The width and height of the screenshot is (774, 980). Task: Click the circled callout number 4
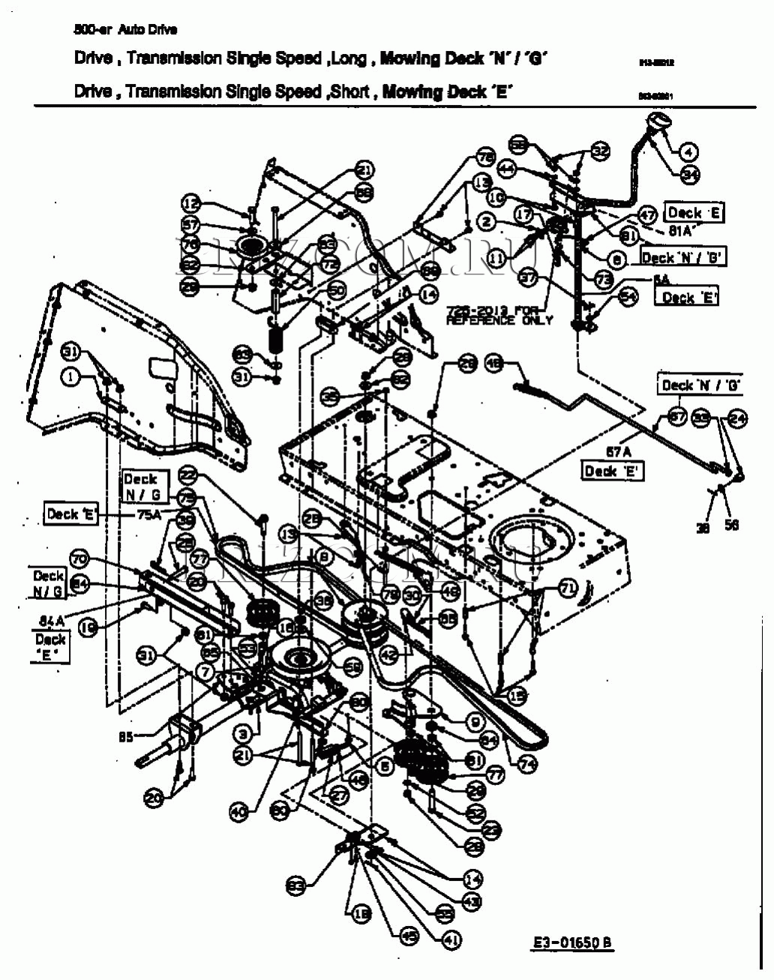click(688, 151)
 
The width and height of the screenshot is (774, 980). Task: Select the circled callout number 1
click(70, 378)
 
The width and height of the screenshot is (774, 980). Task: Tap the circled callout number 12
click(191, 203)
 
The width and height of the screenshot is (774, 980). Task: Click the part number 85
click(125, 737)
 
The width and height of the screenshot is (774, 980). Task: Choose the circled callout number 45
click(409, 936)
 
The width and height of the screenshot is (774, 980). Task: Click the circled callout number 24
click(738, 418)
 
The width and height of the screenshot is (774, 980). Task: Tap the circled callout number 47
click(647, 214)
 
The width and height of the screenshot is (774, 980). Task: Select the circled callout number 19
click(88, 628)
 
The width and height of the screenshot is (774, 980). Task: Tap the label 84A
click(52, 620)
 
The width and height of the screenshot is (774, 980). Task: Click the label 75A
click(150, 514)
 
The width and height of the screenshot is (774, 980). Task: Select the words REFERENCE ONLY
click(499, 320)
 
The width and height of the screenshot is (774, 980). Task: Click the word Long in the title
click(349, 58)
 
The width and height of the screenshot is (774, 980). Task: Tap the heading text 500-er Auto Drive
click(125, 30)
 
